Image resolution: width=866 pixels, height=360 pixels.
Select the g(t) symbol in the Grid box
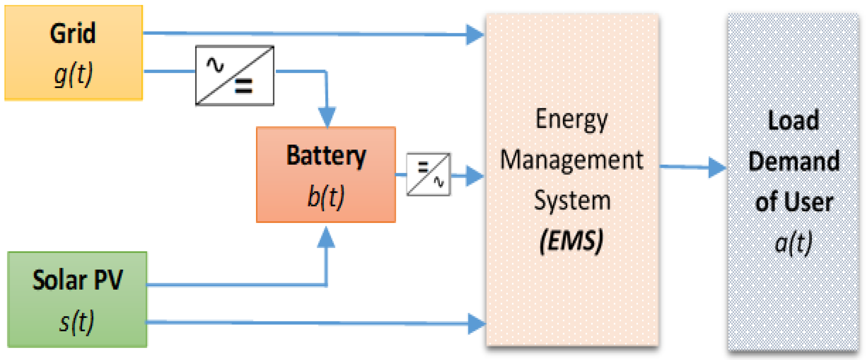coord(73,74)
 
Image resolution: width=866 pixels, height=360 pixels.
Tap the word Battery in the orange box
coord(326,156)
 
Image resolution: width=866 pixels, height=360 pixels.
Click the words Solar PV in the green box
coord(77,280)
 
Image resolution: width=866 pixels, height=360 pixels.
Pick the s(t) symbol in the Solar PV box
coord(77,322)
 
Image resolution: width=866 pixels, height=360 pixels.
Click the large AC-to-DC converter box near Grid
coord(235,76)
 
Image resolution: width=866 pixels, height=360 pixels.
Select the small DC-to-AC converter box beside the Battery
coord(428,174)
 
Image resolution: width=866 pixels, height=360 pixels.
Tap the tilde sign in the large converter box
coord(215,65)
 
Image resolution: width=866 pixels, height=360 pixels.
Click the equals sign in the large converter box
coord(244,86)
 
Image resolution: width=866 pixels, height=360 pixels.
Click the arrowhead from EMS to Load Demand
coord(716,167)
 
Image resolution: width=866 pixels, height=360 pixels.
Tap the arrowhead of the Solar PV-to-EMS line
coord(476,324)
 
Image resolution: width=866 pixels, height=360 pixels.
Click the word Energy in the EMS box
coord(572,119)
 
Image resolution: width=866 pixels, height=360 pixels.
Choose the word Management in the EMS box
coord(572,160)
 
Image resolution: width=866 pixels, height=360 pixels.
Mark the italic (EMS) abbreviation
coord(571,241)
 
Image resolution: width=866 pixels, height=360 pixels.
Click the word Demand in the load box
coord(793,162)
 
